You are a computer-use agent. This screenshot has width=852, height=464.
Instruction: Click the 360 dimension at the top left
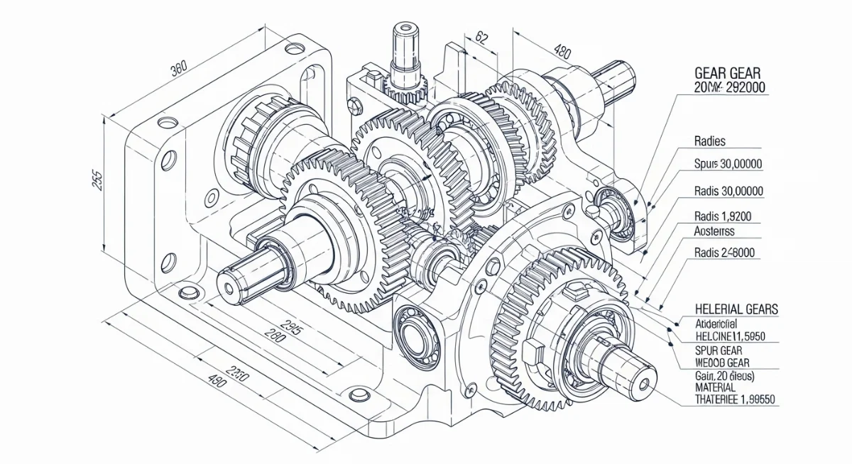[x=179, y=70]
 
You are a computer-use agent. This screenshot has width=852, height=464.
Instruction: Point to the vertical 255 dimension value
[x=97, y=181]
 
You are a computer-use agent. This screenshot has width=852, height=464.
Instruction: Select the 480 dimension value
[x=562, y=52]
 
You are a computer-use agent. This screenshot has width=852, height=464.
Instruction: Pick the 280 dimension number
[x=274, y=336]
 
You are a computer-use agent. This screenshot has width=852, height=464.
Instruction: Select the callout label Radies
[x=710, y=141]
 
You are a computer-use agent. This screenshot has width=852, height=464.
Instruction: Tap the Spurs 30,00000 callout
[x=728, y=164]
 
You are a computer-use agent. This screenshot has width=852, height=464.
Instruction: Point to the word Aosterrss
[x=714, y=231]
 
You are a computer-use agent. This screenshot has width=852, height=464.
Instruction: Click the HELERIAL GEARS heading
[x=736, y=309]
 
